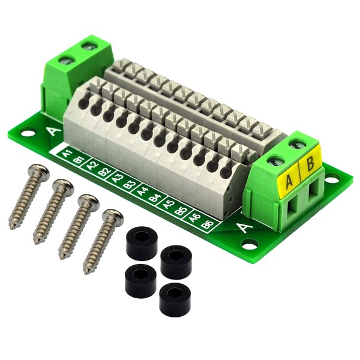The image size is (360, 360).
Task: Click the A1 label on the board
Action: coord(67,154)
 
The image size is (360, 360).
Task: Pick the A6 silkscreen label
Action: coord(195,217)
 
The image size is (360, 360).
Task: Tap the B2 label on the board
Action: coord(105,172)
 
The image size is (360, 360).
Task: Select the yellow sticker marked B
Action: coord(310,164)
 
